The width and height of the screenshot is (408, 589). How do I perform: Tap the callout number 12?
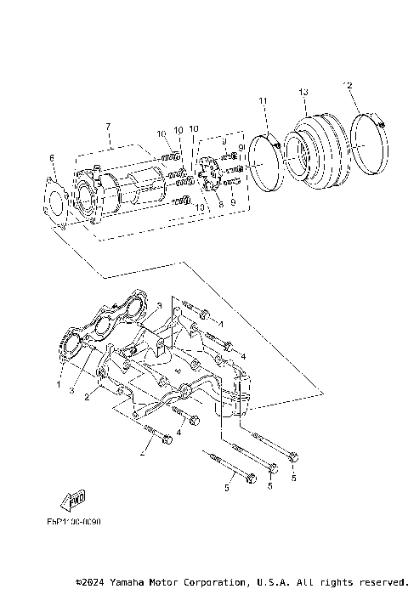pos(347,85)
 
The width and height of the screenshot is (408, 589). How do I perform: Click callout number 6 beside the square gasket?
pos(51,158)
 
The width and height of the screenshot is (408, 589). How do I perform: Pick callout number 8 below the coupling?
pos(219,204)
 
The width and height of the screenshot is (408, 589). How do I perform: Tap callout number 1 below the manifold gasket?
pos(59,384)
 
